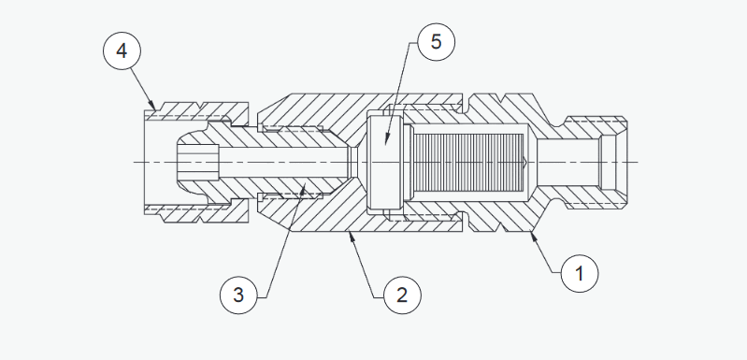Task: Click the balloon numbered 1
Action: tap(580, 273)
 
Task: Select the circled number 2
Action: tap(402, 295)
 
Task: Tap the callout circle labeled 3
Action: tap(238, 295)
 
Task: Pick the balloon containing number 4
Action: tap(122, 50)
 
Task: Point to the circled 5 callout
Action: tap(436, 42)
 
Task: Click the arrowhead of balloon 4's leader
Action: tap(152, 106)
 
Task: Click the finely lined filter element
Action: tap(469, 163)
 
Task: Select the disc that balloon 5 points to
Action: tap(384, 162)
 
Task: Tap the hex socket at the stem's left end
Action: tap(198, 162)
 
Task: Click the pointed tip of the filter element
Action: tap(526, 163)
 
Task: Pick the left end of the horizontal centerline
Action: tap(134, 163)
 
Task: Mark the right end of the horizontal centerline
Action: tap(639, 163)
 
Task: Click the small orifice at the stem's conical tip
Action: tap(353, 162)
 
